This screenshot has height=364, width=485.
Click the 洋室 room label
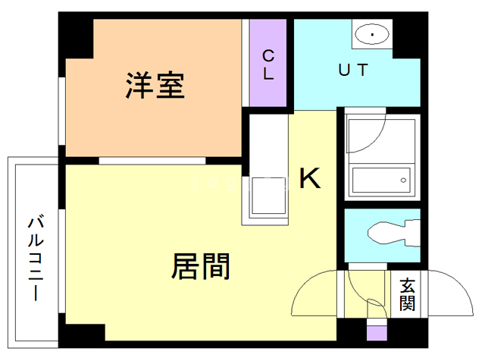point(155,86)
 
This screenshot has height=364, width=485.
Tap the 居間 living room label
point(201,266)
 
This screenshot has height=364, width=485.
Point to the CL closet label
point(268,64)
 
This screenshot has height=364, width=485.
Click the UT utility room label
point(352,71)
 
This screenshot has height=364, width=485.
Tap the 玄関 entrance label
point(408,296)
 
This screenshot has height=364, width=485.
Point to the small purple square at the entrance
point(376,332)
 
